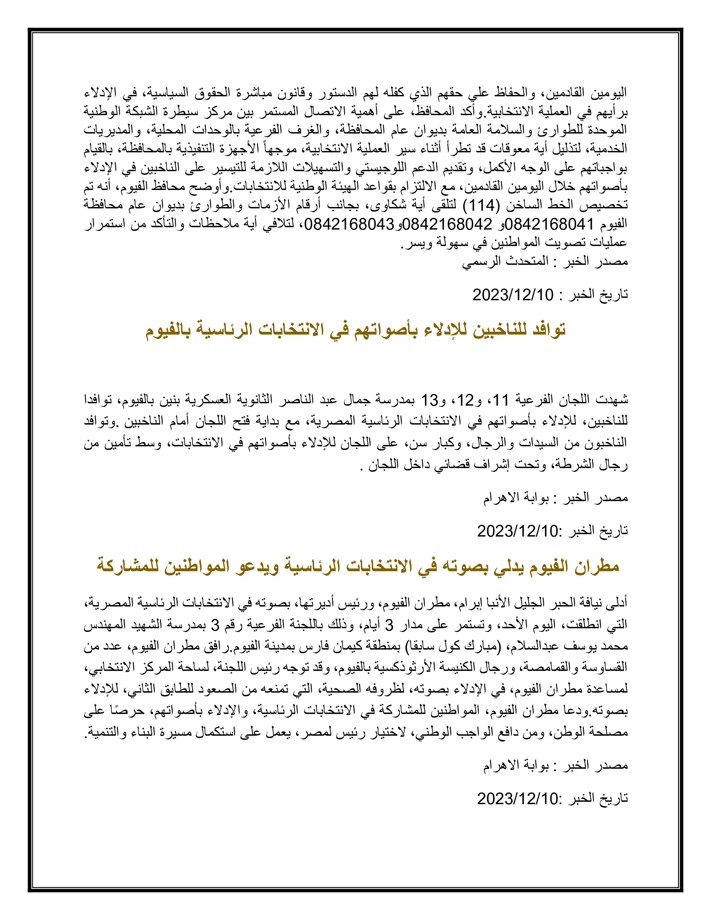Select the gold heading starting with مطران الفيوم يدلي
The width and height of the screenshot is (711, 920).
click(358, 566)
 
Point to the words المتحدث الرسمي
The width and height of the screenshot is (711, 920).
click(506, 261)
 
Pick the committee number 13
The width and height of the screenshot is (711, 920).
click(431, 399)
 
